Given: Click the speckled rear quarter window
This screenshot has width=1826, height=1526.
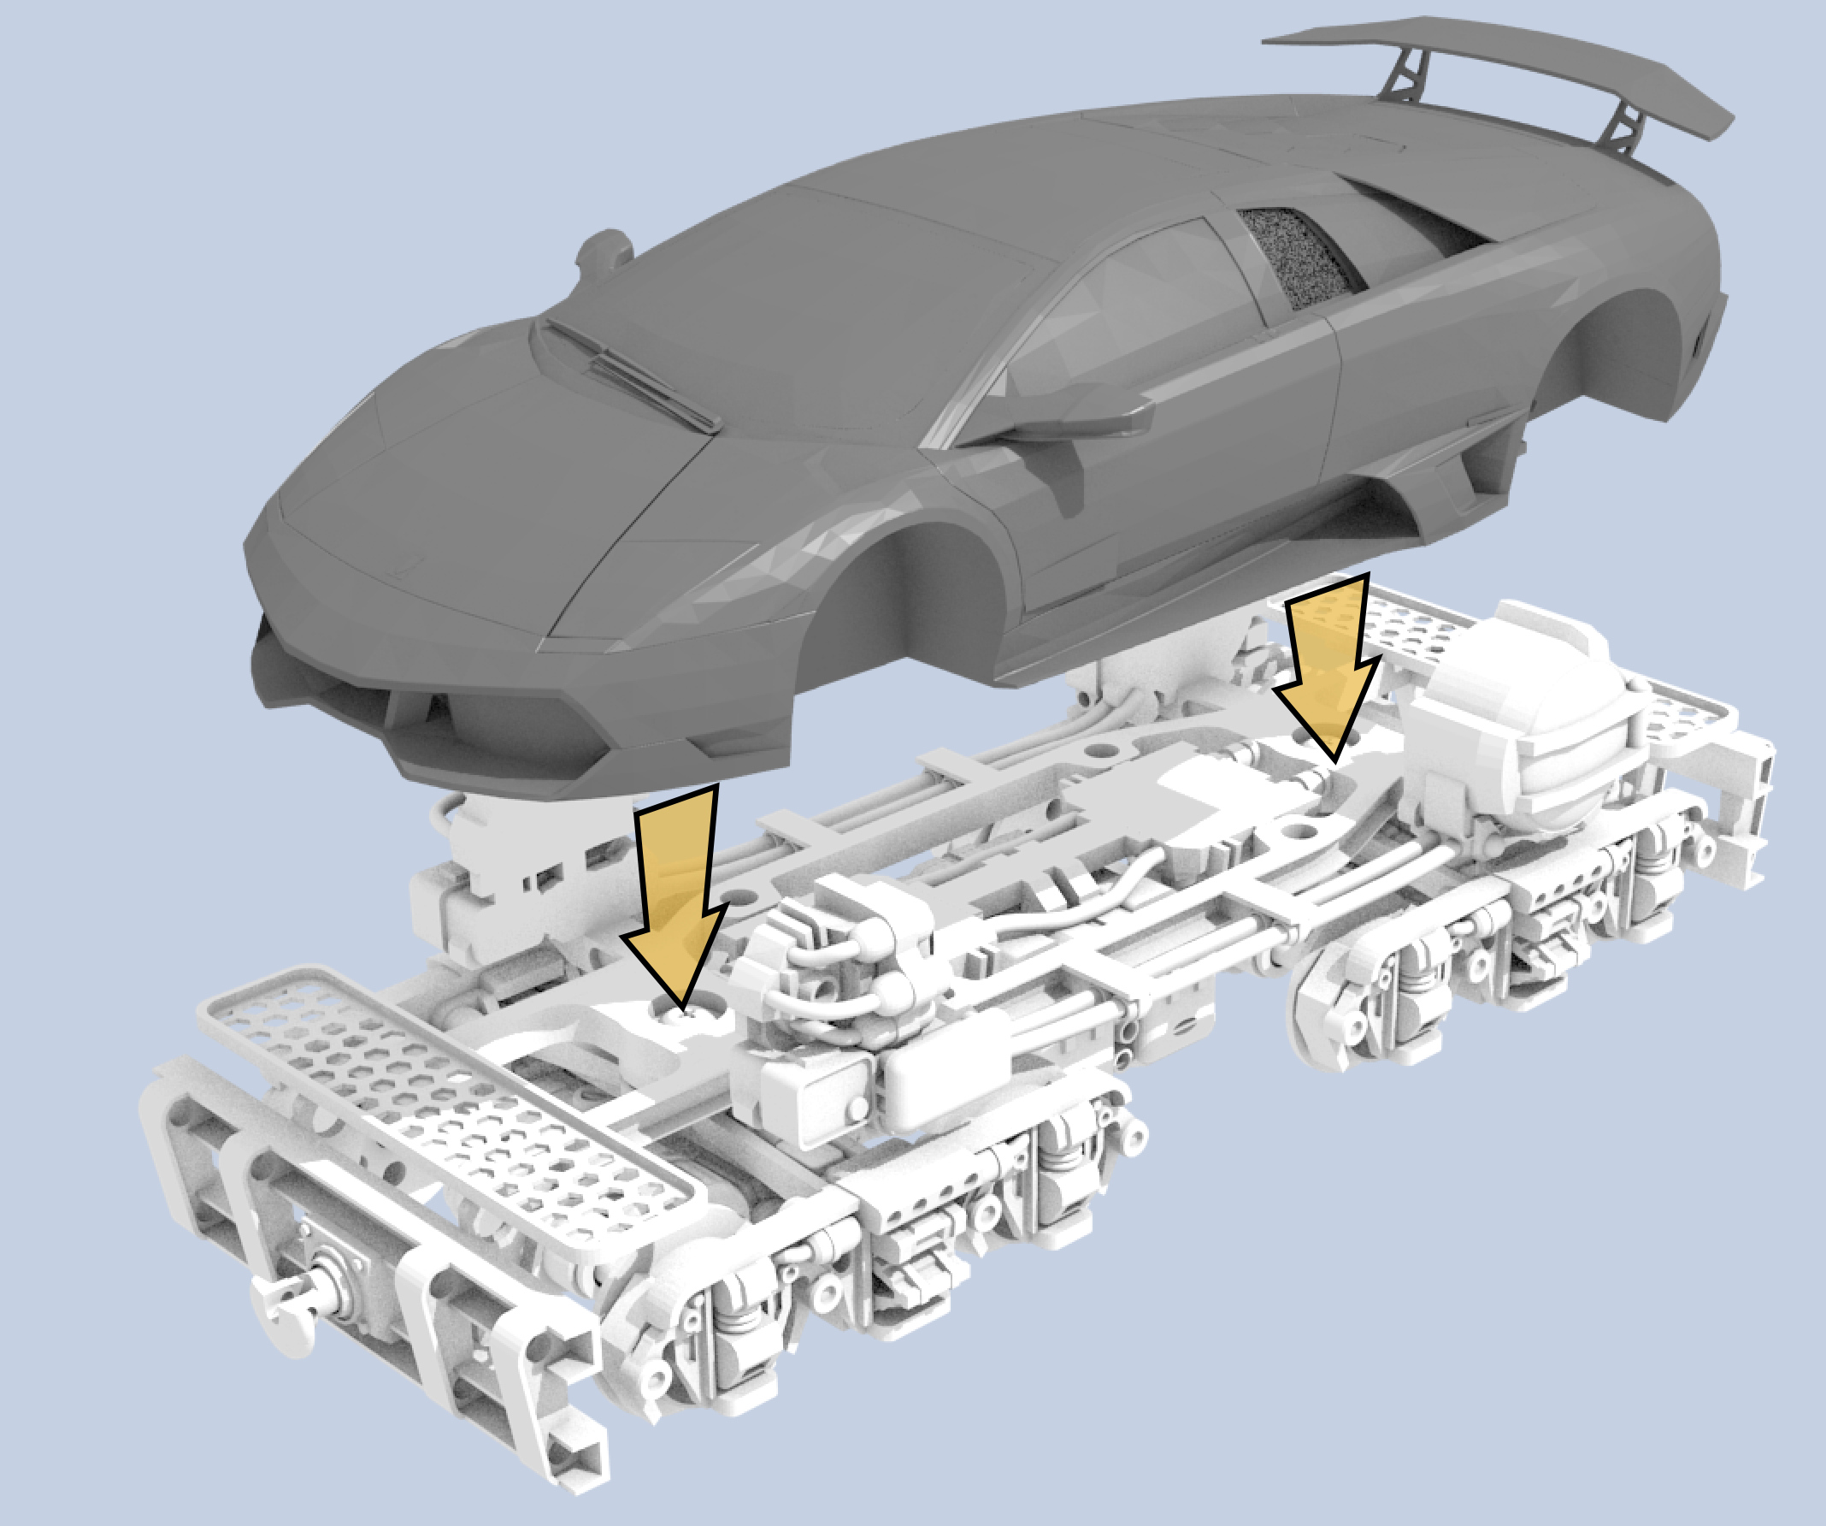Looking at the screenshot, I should (1296, 257).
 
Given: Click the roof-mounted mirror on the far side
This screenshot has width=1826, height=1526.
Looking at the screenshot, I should (604, 252).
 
